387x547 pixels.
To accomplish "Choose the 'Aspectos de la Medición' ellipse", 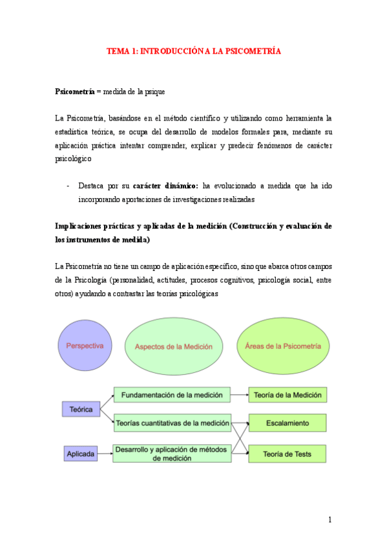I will point(173,346).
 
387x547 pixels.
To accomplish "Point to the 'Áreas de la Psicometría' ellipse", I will point(283,346).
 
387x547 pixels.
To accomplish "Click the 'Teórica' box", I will point(81,410).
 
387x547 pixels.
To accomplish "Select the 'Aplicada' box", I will point(81,455).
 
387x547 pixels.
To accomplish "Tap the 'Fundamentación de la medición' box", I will point(172,395).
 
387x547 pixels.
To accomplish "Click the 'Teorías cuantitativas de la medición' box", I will point(172,424).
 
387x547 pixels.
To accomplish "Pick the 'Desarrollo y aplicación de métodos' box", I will point(172,453).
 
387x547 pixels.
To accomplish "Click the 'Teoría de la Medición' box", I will point(288,395).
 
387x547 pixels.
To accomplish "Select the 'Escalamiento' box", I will point(288,424).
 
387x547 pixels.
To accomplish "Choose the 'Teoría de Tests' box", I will point(288,454).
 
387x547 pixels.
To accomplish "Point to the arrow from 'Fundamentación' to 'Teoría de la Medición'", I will point(240,395).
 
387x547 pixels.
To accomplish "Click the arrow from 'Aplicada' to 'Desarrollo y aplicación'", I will point(106,455).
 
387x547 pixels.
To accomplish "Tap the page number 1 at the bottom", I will point(329,520).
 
